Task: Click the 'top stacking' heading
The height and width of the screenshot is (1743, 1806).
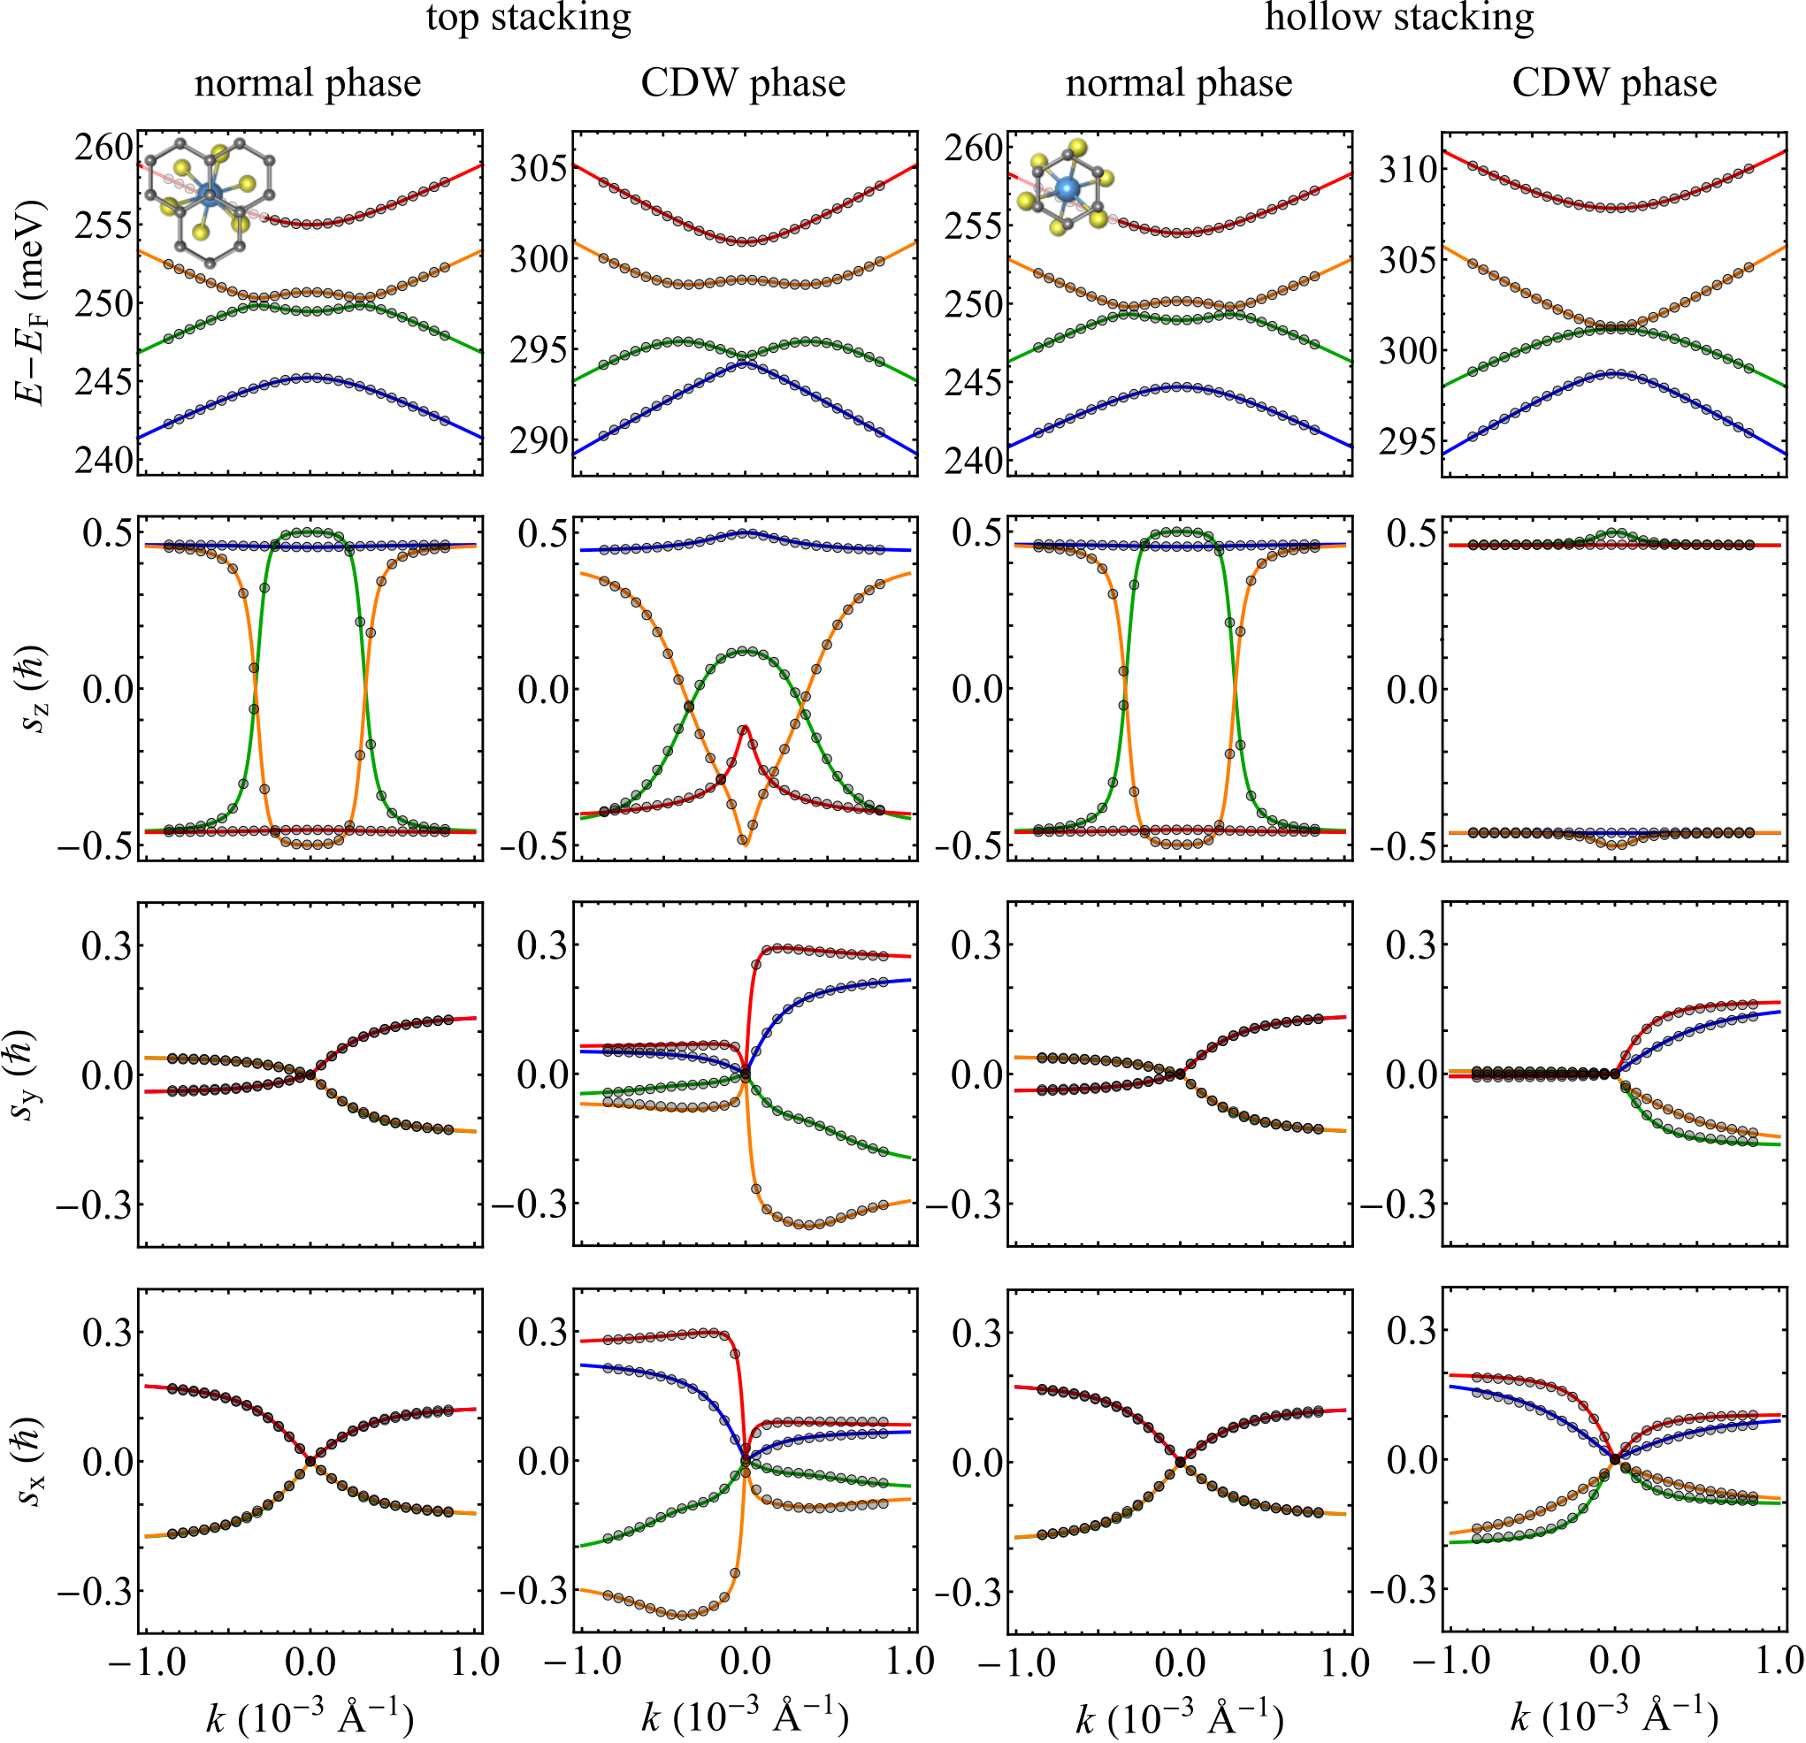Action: (x=529, y=19)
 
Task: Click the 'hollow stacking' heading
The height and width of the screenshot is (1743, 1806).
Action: (x=1400, y=19)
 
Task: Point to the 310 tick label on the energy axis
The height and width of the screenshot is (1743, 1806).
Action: (x=1408, y=170)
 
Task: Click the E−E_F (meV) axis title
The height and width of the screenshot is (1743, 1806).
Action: (x=34, y=303)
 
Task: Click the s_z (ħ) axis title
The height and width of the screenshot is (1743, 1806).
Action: (x=34, y=689)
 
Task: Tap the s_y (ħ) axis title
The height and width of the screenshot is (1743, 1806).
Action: (x=34, y=1074)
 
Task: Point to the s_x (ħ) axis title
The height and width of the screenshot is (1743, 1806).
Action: (x=34, y=1461)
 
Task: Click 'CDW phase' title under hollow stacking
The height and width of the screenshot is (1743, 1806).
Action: (x=1614, y=83)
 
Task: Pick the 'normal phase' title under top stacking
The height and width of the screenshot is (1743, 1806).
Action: (x=308, y=83)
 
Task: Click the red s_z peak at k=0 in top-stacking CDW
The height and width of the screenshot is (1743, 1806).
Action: (x=745, y=727)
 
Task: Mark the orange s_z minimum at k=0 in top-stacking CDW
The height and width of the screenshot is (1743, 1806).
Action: (x=745, y=843)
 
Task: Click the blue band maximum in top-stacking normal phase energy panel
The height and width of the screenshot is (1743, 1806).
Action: (x=310, y=377)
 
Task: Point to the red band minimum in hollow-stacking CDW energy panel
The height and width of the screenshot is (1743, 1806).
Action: (x=1614, y=208)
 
